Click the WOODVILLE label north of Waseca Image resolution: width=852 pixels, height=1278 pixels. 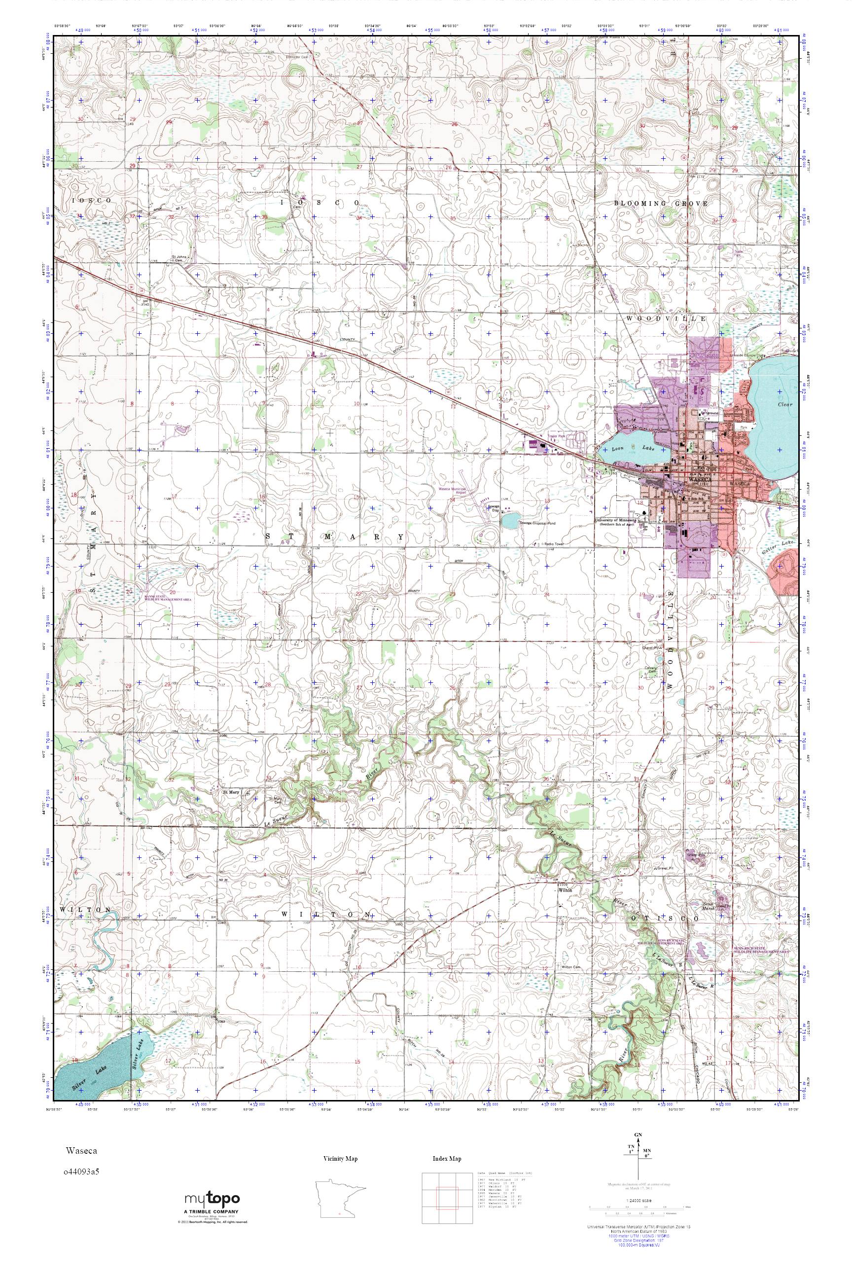666,319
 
